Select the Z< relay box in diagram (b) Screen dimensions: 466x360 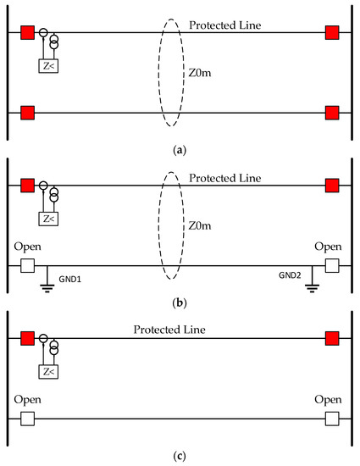pos(49,219)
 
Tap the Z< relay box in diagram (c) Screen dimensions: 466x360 pos(49,371)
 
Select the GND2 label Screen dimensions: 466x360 pos(290,276)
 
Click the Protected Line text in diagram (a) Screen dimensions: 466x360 pos(219,25)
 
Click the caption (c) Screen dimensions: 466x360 pos(180,456)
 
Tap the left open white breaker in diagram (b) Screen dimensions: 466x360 pos(28,265)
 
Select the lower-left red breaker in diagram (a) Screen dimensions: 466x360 pos(28,113)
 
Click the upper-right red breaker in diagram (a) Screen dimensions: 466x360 pos(332,34)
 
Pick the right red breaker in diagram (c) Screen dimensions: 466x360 pos(332,340)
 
